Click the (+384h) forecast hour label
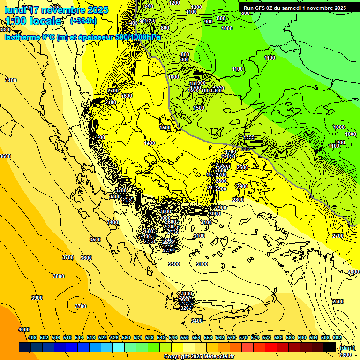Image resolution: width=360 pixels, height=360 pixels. (x=83, y=21)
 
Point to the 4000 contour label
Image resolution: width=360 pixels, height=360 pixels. (x=23, y=330)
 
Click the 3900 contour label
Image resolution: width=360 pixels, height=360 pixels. (x=37, y=298)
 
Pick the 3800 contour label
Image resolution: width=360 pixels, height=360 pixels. (x=58, y=276)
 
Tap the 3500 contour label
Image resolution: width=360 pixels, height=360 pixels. (x=95, y=240)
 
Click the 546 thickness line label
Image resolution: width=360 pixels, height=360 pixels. (x=244, y=149)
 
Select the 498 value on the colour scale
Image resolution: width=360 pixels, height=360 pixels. (x=32, y=337)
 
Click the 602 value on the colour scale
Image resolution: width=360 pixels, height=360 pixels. (x=337, y=337)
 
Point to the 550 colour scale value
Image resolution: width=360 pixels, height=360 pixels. (x=185, y=337)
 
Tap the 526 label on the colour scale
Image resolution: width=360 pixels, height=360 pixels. (x=114, y=337)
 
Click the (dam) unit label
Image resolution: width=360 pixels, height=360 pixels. (x=347, y=347)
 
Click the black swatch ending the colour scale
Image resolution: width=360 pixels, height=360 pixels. (x=330, y=347)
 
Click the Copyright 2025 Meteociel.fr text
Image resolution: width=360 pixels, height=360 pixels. (x=199, y=356)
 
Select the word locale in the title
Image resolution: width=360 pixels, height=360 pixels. (x=45, y=21)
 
